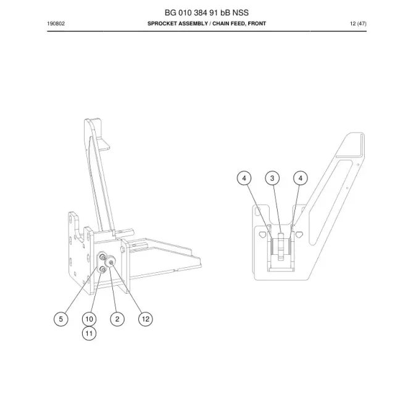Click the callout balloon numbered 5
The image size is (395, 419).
point(61,319)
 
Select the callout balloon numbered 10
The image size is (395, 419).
point(89,319)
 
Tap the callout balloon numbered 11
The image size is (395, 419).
point(89,333)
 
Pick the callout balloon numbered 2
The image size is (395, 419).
point(117,319)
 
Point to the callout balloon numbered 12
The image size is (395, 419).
point(146,319)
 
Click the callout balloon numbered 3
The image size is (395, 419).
point(272,178)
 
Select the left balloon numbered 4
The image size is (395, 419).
point(244,178)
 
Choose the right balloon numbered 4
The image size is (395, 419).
point(301,178)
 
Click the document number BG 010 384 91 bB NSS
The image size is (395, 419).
point(206,12)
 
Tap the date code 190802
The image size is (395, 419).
point(56,23)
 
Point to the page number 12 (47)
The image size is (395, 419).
point(358,23)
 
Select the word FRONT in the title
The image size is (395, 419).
point(257,23)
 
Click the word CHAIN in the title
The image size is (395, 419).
point(221,23)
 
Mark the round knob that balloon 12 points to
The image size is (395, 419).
point(110,261)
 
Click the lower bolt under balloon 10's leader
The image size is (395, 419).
point(103,270)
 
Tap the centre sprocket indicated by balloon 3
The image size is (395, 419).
point(281,247)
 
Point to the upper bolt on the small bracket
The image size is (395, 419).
point(102,257)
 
